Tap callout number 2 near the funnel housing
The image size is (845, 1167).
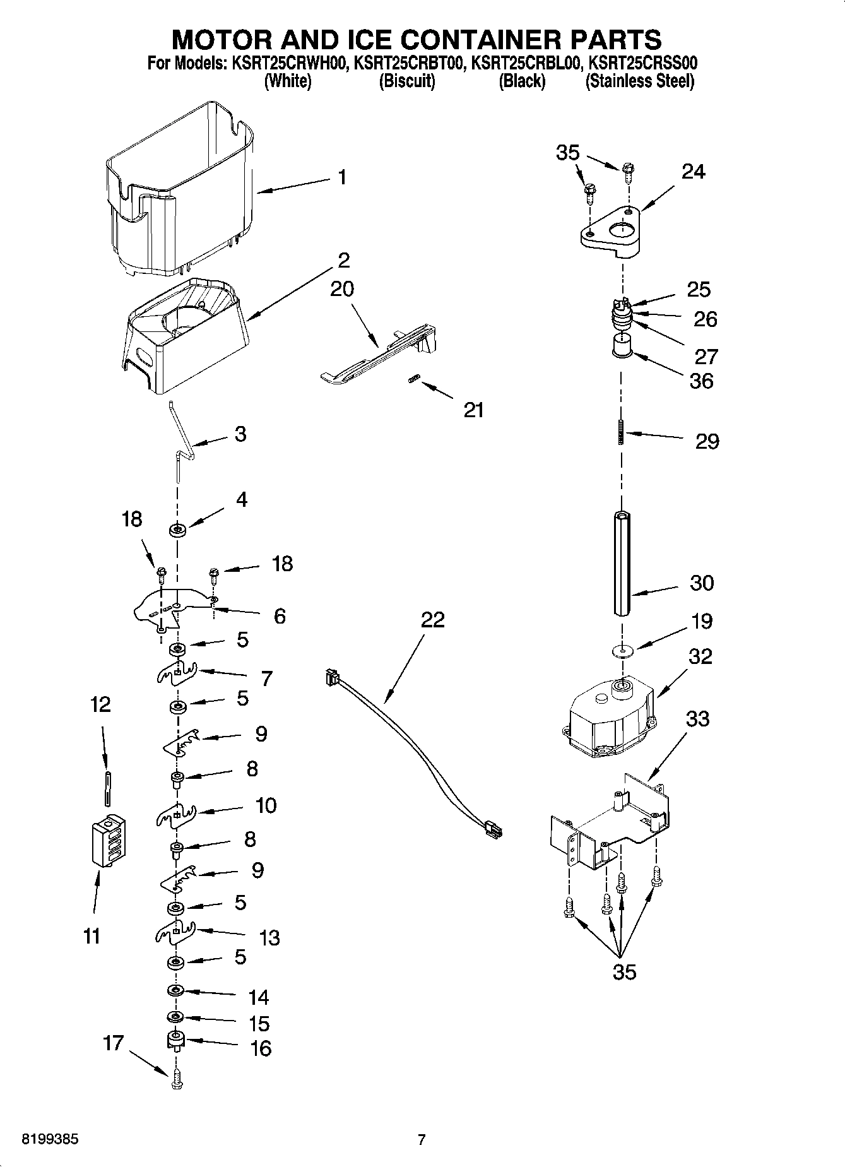pos(343,260)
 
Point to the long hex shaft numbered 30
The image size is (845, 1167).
pos(622,564)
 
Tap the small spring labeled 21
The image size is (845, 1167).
pos(414,379)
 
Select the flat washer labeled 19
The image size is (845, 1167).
pos(622,649)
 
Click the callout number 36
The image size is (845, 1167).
pos(701,381)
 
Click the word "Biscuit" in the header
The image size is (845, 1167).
pos(406,81)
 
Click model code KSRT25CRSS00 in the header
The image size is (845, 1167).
pos(642,63)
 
